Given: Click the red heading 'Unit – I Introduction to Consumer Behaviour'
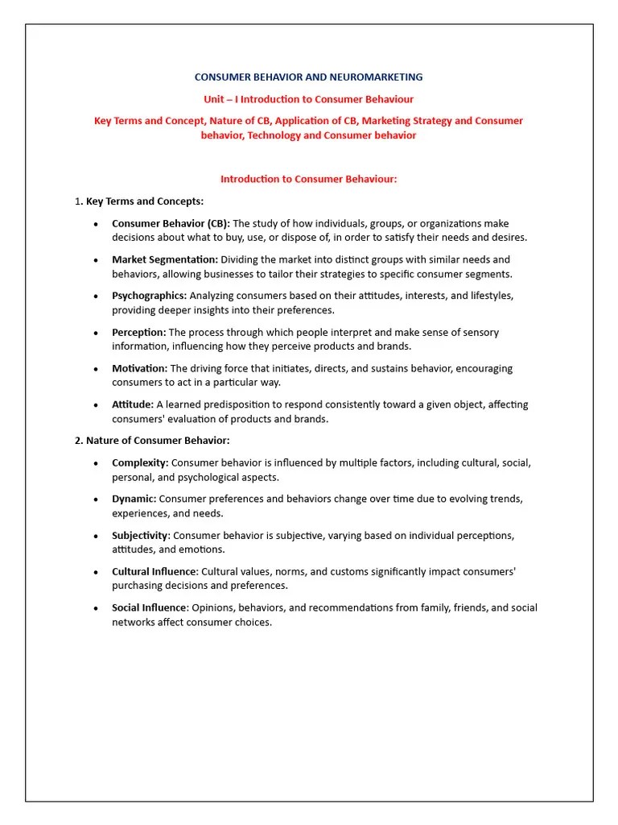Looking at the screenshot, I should pos(308,99).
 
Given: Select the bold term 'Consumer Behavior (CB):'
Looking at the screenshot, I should pos(171,223).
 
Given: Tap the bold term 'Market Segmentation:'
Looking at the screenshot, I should pos(165,259).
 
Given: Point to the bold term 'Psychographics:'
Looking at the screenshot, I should pos(150,296).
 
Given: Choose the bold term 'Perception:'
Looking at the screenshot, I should pos(139,332).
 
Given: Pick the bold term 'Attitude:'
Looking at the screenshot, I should pos(133,404).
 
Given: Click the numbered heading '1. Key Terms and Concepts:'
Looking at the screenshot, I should pos(139,201).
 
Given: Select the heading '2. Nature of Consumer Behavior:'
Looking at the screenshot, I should pos(152,441).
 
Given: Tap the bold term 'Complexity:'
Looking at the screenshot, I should pos(140,463).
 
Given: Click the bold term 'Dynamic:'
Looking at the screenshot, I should pos(134,499).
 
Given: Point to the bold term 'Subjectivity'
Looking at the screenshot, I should pos(140,535).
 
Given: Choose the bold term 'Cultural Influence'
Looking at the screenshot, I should pos(154,571).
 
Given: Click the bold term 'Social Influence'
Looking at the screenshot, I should pos(149,607).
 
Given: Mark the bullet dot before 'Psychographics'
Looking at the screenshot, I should pos(96,296).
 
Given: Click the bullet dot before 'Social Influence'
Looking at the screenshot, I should pos(96,608).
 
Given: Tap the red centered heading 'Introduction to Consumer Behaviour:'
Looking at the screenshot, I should pos(308,179).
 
